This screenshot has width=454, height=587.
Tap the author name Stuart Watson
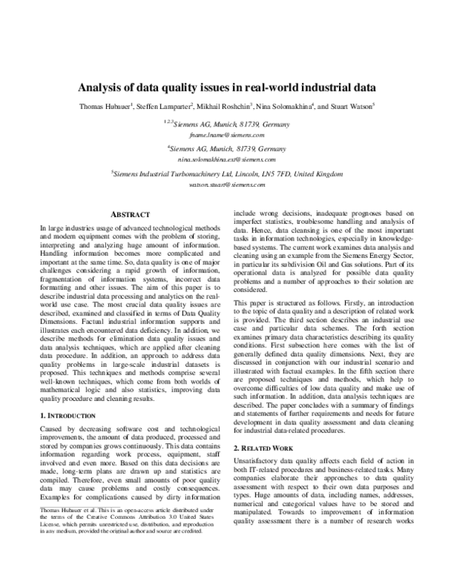[353, 105]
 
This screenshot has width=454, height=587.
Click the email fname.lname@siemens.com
[226, 134]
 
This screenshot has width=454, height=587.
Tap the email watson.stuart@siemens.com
[226, 184]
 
